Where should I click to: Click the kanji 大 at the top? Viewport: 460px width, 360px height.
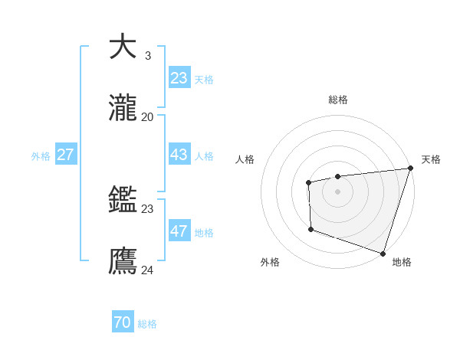click(123, 47)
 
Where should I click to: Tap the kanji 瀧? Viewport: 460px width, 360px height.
click(123, 108)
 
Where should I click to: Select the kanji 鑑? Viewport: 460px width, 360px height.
click(123, 200)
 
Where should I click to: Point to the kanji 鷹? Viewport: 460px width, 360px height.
click(123, 261)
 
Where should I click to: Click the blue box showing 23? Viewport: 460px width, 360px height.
click(179, 78)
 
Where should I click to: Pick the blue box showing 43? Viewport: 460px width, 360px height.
click(179, 155)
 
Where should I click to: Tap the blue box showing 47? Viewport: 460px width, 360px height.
click(179, 231)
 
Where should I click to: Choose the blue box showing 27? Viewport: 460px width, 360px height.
click(65, 155)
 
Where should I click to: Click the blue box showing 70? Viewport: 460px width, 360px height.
click(122, 323)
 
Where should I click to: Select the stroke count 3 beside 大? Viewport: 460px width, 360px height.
click(147, 55)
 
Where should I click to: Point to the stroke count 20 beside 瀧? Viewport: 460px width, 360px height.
click(147, 116)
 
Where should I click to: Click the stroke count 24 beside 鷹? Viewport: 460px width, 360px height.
click(147, 270)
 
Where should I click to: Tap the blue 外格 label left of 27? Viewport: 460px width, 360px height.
click(41, 156)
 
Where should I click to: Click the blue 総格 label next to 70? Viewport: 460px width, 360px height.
click(147, 325)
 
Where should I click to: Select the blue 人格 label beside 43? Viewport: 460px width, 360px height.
click(204, 156)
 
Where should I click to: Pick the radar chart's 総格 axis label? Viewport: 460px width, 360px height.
click(338, 100)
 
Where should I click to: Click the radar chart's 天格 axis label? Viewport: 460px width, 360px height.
click(431, 159)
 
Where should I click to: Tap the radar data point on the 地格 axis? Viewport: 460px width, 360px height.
click(382, 253)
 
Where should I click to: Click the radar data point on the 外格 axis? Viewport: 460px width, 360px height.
click(310, 229)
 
